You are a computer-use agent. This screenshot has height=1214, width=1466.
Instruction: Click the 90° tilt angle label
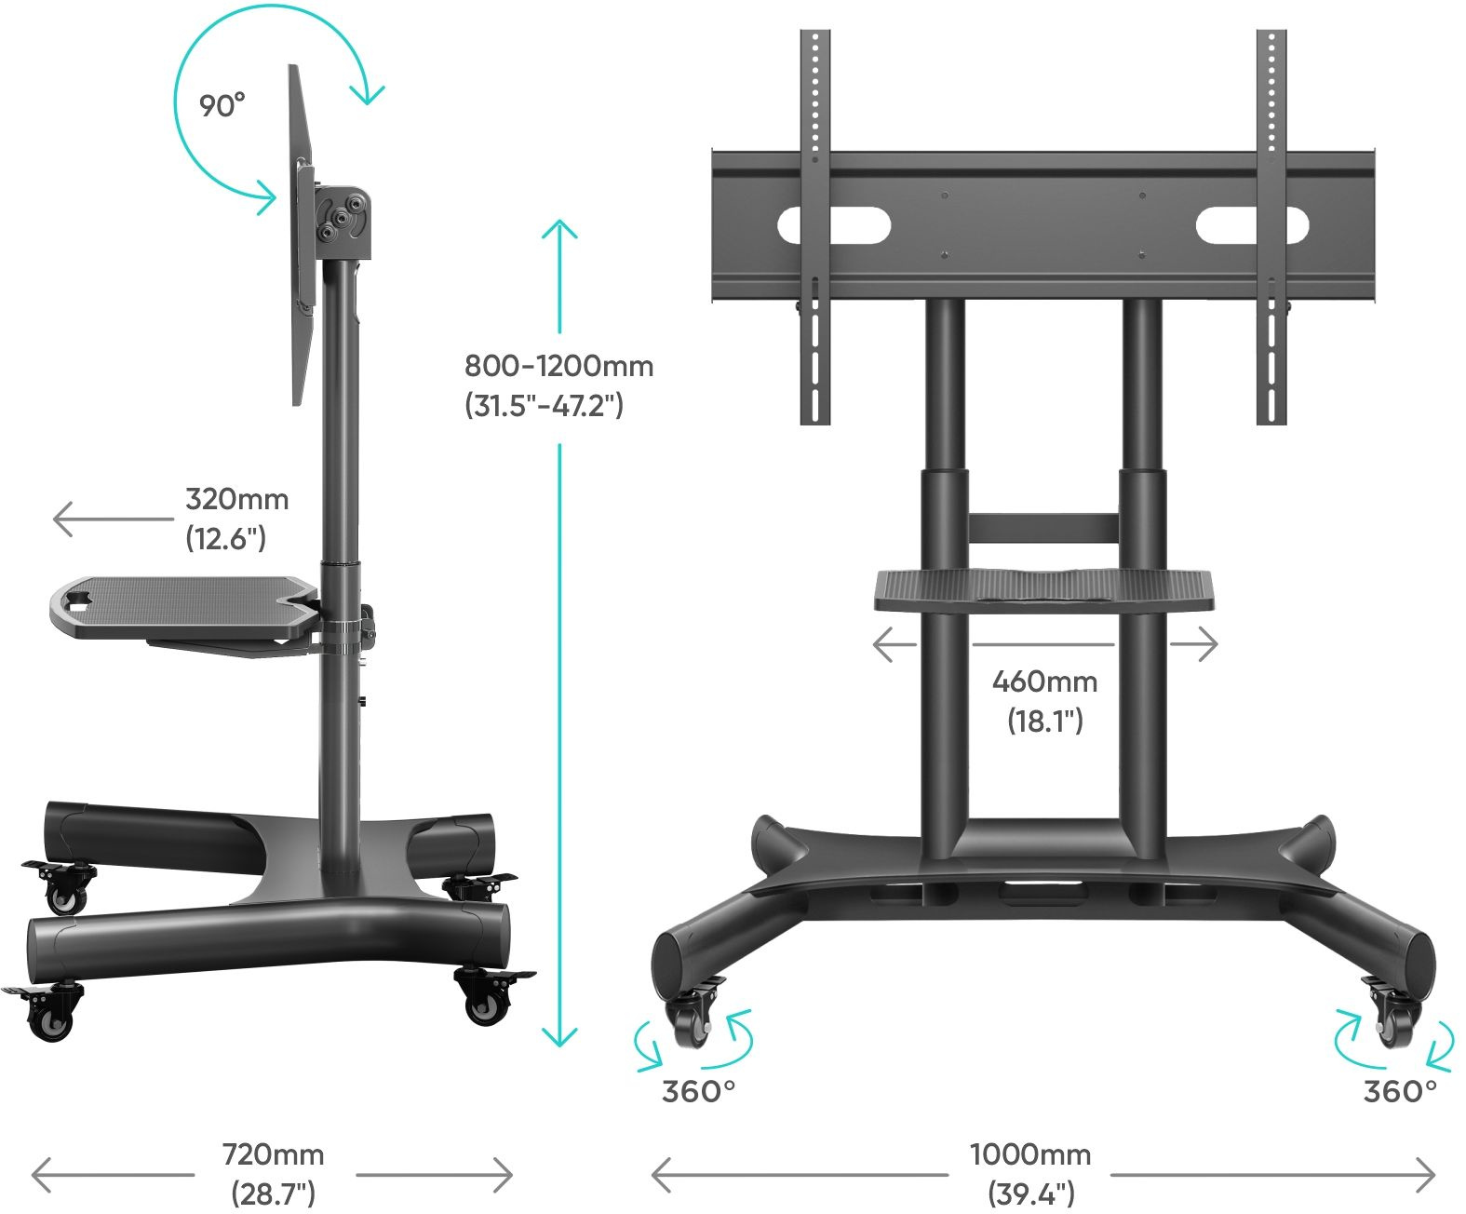coord(222,105)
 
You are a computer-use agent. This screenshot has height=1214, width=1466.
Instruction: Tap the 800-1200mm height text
coord(558,366)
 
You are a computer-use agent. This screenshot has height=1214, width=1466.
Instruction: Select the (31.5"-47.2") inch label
coord(544,406)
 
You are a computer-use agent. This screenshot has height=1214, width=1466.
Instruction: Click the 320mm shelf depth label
coord(236,499)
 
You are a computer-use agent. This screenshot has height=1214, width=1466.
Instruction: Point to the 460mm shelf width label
coord(1044,681)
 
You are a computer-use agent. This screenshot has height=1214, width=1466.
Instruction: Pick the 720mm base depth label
coord(273,1155)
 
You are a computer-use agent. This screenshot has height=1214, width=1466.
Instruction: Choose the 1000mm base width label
coord(1029,1155)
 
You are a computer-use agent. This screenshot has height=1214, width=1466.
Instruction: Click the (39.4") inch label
coord(1031,1193)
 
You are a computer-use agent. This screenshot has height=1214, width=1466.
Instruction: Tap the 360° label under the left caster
coord(698,1091)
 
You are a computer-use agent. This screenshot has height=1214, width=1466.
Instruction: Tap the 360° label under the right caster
coord(1399,1091)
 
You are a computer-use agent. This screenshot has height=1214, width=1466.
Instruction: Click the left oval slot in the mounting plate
coord(834,225)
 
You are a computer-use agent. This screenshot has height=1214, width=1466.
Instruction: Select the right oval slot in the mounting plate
coord(1252,225)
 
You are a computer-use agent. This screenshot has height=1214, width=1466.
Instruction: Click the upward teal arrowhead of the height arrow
coord(559,229)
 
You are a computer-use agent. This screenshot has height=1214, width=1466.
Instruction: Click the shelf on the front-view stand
coord(1043,589)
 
